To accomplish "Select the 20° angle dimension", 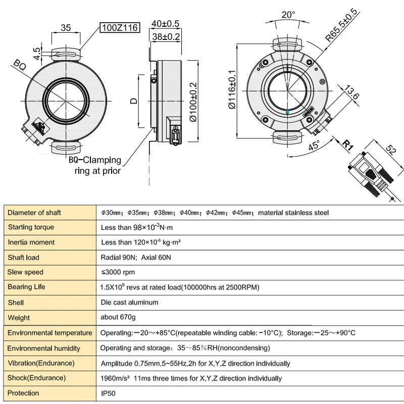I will coord(288,15).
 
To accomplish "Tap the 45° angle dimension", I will coord(315,146).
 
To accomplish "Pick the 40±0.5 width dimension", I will coord(166,23).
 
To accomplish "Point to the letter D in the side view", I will coord(133,100).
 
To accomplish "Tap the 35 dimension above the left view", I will coord(65,28).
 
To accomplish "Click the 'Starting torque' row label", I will coord(31,227).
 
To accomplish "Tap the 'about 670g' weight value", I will coord(118,318).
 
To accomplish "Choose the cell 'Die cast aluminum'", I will coord(130,302).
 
